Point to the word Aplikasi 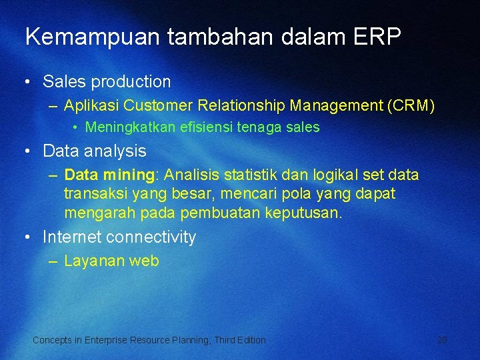click(91, 105)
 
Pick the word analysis click(114, 151)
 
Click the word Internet click(71, 237)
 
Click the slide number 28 click(442, 340)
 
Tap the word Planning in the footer click(189, 340)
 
